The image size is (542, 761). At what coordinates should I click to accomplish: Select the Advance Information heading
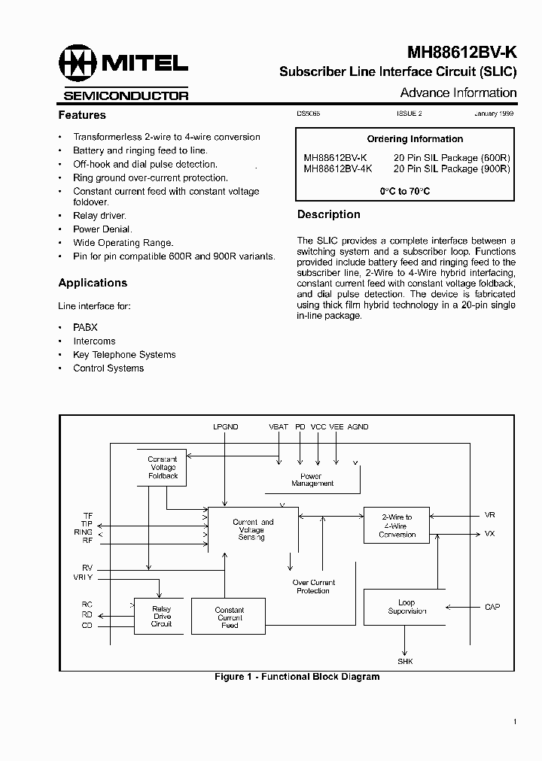tap(458, 93)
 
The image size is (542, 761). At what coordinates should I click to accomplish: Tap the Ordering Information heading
tap(415, 139)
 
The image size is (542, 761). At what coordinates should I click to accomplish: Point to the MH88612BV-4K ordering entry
tap(336, 169)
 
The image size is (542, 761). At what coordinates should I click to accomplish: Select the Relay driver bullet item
tap(99, 216)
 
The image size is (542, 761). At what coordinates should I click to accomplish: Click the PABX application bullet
tap(85, 328)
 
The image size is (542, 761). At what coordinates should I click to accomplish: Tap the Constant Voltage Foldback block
tap(162, 467)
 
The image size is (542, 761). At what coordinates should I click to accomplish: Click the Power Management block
tap(312, 479)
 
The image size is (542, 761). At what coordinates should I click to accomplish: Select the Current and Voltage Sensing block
tap(253, 529)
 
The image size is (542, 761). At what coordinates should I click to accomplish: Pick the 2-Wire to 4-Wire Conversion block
tap(397, 526)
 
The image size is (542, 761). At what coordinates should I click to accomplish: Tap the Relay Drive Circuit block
tap(161, 616)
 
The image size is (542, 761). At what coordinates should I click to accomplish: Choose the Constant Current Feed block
tap(229, 617)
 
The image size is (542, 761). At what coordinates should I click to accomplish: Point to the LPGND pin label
tap(225, 427)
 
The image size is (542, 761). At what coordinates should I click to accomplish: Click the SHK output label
tap(405, 661)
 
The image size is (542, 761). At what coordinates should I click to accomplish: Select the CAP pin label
tap(492, 607)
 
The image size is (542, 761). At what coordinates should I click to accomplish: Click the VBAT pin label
tap(279, 427)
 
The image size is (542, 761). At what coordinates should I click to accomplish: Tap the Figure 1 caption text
tap(297, 677)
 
